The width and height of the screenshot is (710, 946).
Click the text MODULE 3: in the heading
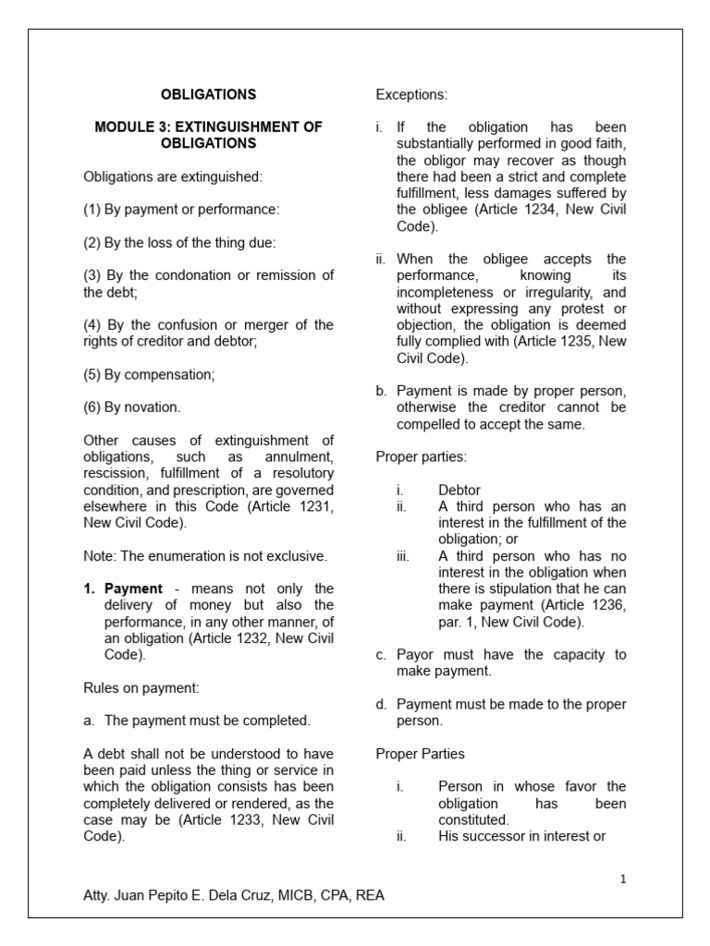coord(131,127)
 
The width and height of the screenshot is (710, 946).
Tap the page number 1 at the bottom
coord(623,879)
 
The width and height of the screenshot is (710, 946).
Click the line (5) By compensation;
coord(149,375)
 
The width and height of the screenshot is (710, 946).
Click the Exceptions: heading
coord(411,94)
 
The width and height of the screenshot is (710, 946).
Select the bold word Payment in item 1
coord(134,588)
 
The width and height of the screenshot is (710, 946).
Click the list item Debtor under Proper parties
coord(459,490)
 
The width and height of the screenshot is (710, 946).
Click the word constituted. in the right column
coord(473,819)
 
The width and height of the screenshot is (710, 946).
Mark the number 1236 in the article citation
coord(611,605)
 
